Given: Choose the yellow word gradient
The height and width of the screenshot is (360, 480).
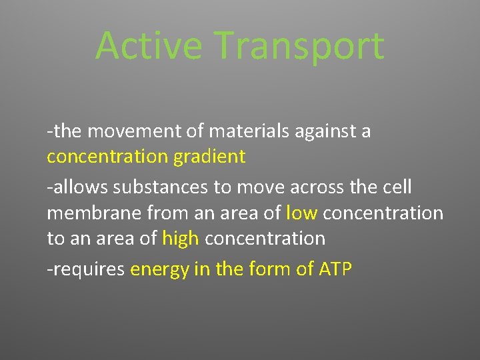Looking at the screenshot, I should [x=209, y=157].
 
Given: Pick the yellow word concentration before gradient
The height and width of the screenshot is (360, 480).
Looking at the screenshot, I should [x=108, y=157].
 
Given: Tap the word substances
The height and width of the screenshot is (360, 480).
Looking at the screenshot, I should [x=160, y=188].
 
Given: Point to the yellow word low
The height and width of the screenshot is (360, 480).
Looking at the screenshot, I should [x=301, y=213].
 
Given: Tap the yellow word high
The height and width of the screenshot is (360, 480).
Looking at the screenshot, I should [x=181, y=238].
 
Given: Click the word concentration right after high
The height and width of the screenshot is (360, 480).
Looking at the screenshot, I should [x=265, y=238].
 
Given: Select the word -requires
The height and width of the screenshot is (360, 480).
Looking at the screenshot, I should [x=86, y=269].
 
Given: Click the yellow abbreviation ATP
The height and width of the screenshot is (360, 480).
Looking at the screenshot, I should [x=335, y=269].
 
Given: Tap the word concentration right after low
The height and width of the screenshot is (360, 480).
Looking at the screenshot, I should [x=383, y=213].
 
